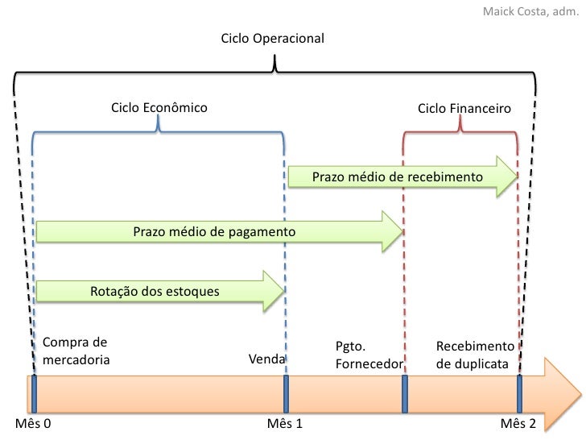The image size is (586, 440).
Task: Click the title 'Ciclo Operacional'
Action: point(273,39)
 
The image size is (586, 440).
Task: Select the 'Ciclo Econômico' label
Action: point(159,107)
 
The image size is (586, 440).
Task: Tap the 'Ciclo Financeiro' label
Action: point(464,107)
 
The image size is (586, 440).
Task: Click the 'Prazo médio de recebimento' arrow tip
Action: point(507,176)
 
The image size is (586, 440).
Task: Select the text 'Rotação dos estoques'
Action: point(155,290)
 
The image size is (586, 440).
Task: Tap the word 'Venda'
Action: point(266,357)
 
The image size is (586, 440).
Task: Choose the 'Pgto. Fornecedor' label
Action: point(368,356)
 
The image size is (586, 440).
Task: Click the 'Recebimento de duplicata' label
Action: point(473,355)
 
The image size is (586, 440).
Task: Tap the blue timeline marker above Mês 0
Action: point(35,392)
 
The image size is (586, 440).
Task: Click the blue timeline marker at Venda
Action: point(286,392)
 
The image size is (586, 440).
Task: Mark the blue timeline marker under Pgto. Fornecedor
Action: point(404,392)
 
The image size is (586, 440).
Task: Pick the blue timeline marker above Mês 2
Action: point(519,392)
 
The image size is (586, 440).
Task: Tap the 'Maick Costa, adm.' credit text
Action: point(530,12)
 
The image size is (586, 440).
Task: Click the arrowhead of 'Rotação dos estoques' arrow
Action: point(273,290)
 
